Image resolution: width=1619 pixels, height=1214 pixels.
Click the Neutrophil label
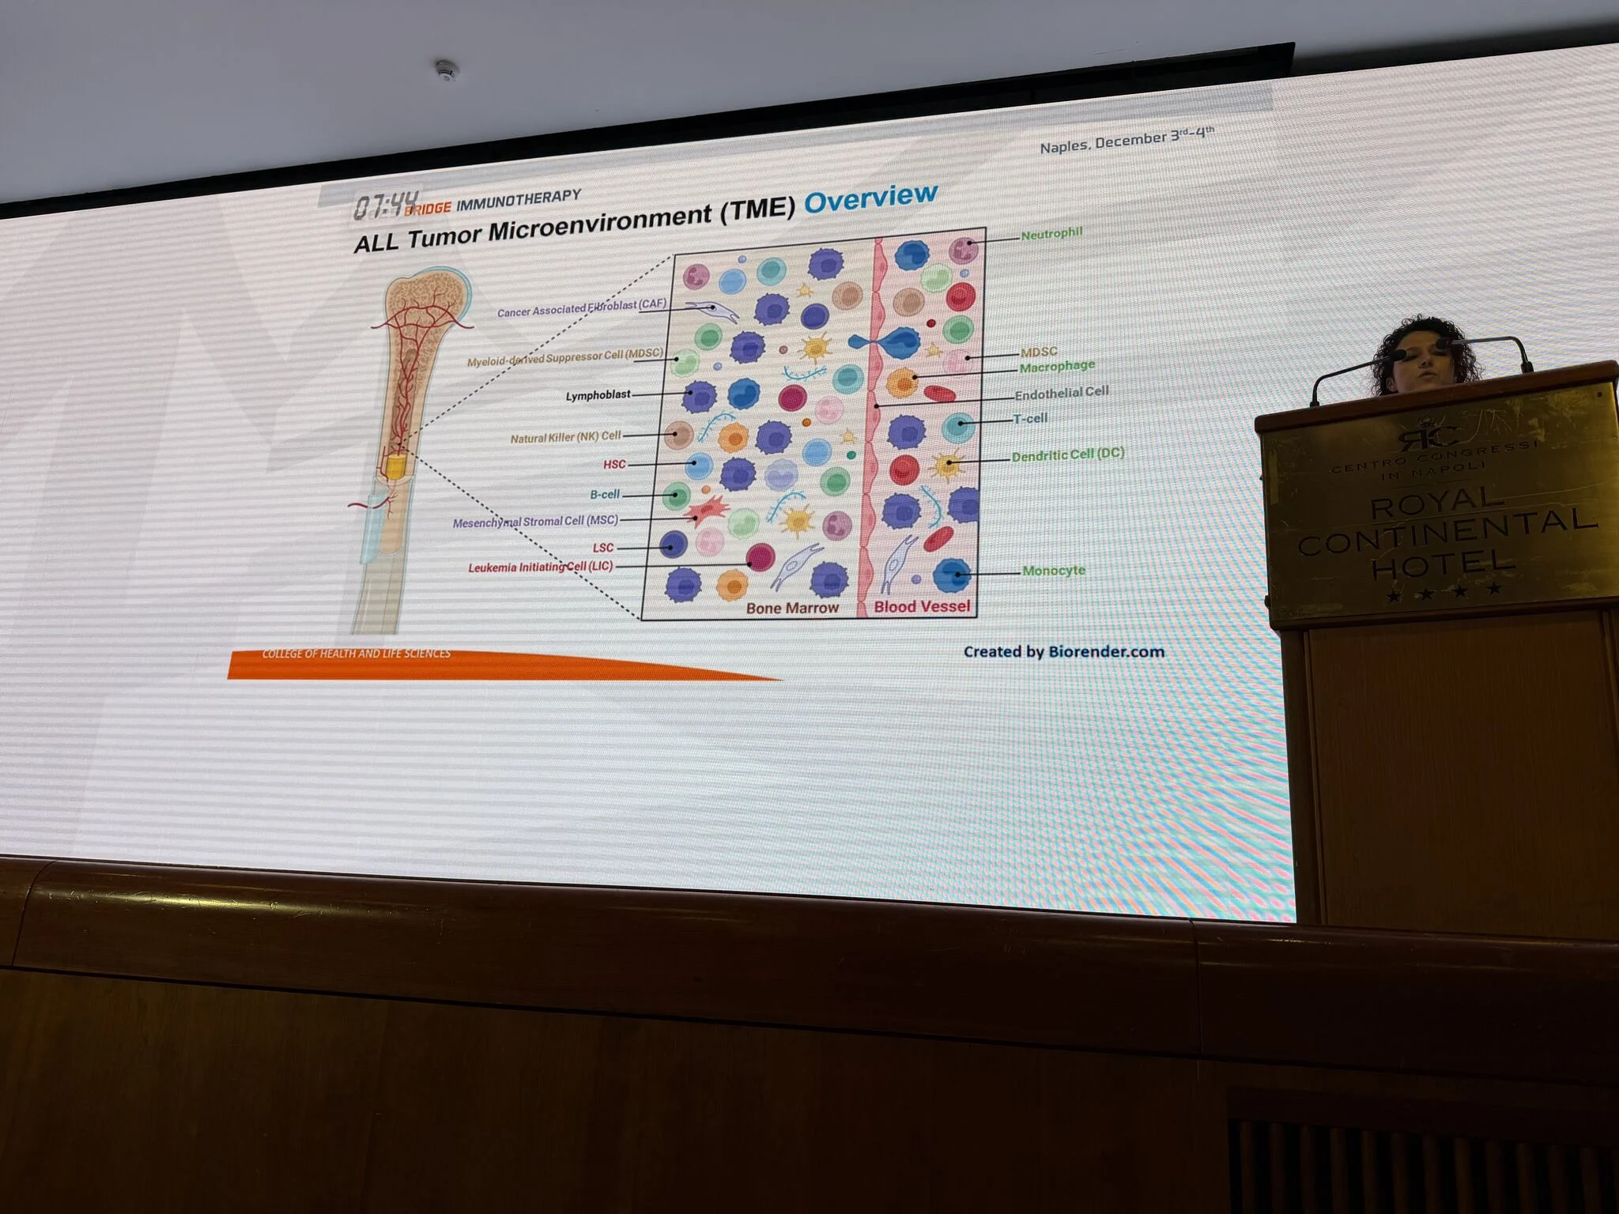click(x=1051, y=234)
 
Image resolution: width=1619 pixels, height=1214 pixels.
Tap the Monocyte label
click(x=1053, y=571)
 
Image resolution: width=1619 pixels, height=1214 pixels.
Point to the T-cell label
click(x=1030, y=419)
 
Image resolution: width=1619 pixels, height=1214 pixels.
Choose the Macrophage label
click(x=1056, y=367)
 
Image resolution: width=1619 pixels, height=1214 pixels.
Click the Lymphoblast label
click(x=598, y=395)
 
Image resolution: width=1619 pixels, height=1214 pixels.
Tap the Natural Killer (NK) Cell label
click(x=565, y=437)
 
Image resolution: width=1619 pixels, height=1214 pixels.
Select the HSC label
click(x=614, y=464)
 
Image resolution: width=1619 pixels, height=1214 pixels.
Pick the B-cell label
click(x=605, y=495)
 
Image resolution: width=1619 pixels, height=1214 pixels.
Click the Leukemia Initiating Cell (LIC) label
click(x=540, y=567)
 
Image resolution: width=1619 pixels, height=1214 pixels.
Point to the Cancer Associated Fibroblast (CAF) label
click(x=581, y=308)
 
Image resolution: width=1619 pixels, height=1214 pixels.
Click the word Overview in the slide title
click(x=870, y=198)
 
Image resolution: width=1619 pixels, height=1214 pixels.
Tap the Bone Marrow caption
click(x=792, y=608)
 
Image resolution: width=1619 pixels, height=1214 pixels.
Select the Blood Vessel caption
click(x=922, y=606)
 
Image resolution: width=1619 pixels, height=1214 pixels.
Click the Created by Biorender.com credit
click(x=1063, y=652)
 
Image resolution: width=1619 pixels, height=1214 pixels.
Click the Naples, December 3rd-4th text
click(x=1127, y=140)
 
